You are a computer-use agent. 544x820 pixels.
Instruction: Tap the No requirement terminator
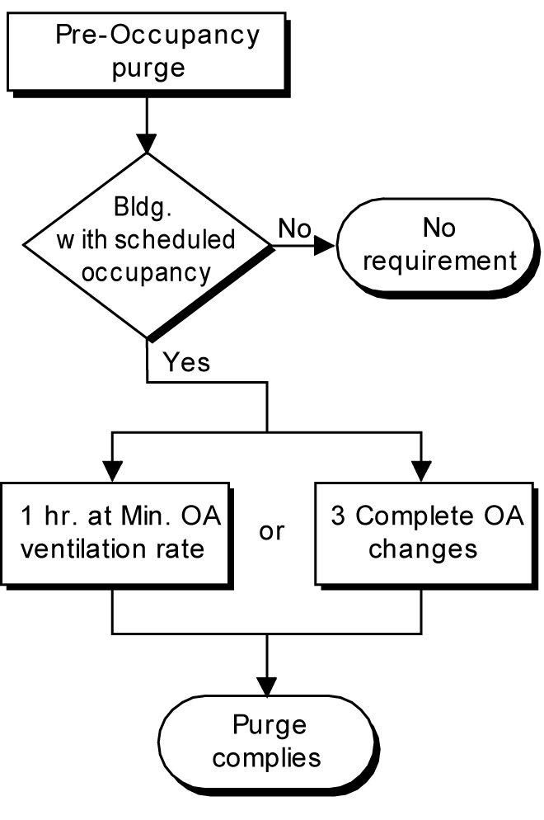[439, 245]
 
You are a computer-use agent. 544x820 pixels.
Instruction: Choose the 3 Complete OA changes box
[423, 532]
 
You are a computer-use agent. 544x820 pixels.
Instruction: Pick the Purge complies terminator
[268, 742]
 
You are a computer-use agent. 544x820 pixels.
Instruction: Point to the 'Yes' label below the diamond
[186, 362]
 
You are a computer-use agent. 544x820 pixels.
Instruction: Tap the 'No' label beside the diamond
[293, 229]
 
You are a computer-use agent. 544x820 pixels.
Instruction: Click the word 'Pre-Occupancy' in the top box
[157, 35]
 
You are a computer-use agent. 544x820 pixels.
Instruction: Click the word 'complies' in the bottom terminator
[269, 757]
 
